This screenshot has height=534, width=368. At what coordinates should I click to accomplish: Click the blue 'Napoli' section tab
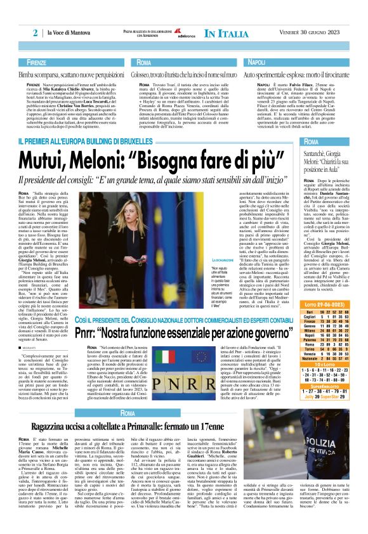(256, 62)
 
